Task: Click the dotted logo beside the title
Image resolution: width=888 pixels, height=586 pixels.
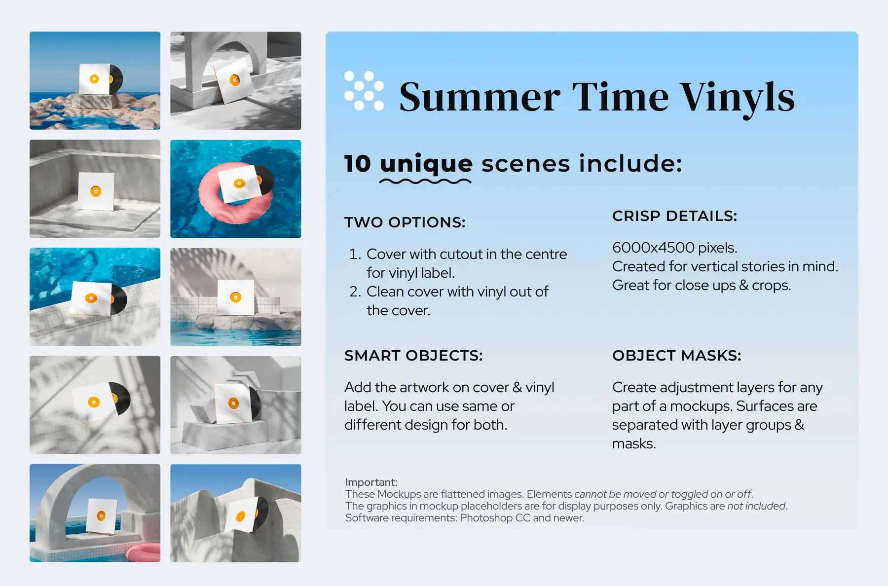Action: coord(364,91)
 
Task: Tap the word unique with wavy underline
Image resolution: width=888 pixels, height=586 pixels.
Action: coord(426,164)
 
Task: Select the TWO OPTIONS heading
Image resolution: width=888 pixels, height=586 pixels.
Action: coord(405,222)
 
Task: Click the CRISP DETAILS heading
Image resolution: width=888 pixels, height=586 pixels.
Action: coord(674,216)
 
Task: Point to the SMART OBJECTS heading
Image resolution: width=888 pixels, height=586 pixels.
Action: coord(413,356)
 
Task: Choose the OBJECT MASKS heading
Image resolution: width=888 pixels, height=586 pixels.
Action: coord(676,356)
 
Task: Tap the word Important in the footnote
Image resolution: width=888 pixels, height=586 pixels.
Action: coord(371,482)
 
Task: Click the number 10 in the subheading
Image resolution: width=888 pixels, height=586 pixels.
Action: coord(358,164)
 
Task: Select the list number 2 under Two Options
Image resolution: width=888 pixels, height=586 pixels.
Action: coord(355,292)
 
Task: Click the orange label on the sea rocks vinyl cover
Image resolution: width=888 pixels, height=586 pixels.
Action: coord(94,79)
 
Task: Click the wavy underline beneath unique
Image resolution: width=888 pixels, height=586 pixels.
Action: coord(425,182)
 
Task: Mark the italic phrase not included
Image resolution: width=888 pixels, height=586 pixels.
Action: coord(756,506)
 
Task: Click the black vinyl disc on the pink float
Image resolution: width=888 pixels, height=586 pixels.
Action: coord(266,179)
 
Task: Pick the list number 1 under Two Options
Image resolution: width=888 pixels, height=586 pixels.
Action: coord(355,255)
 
